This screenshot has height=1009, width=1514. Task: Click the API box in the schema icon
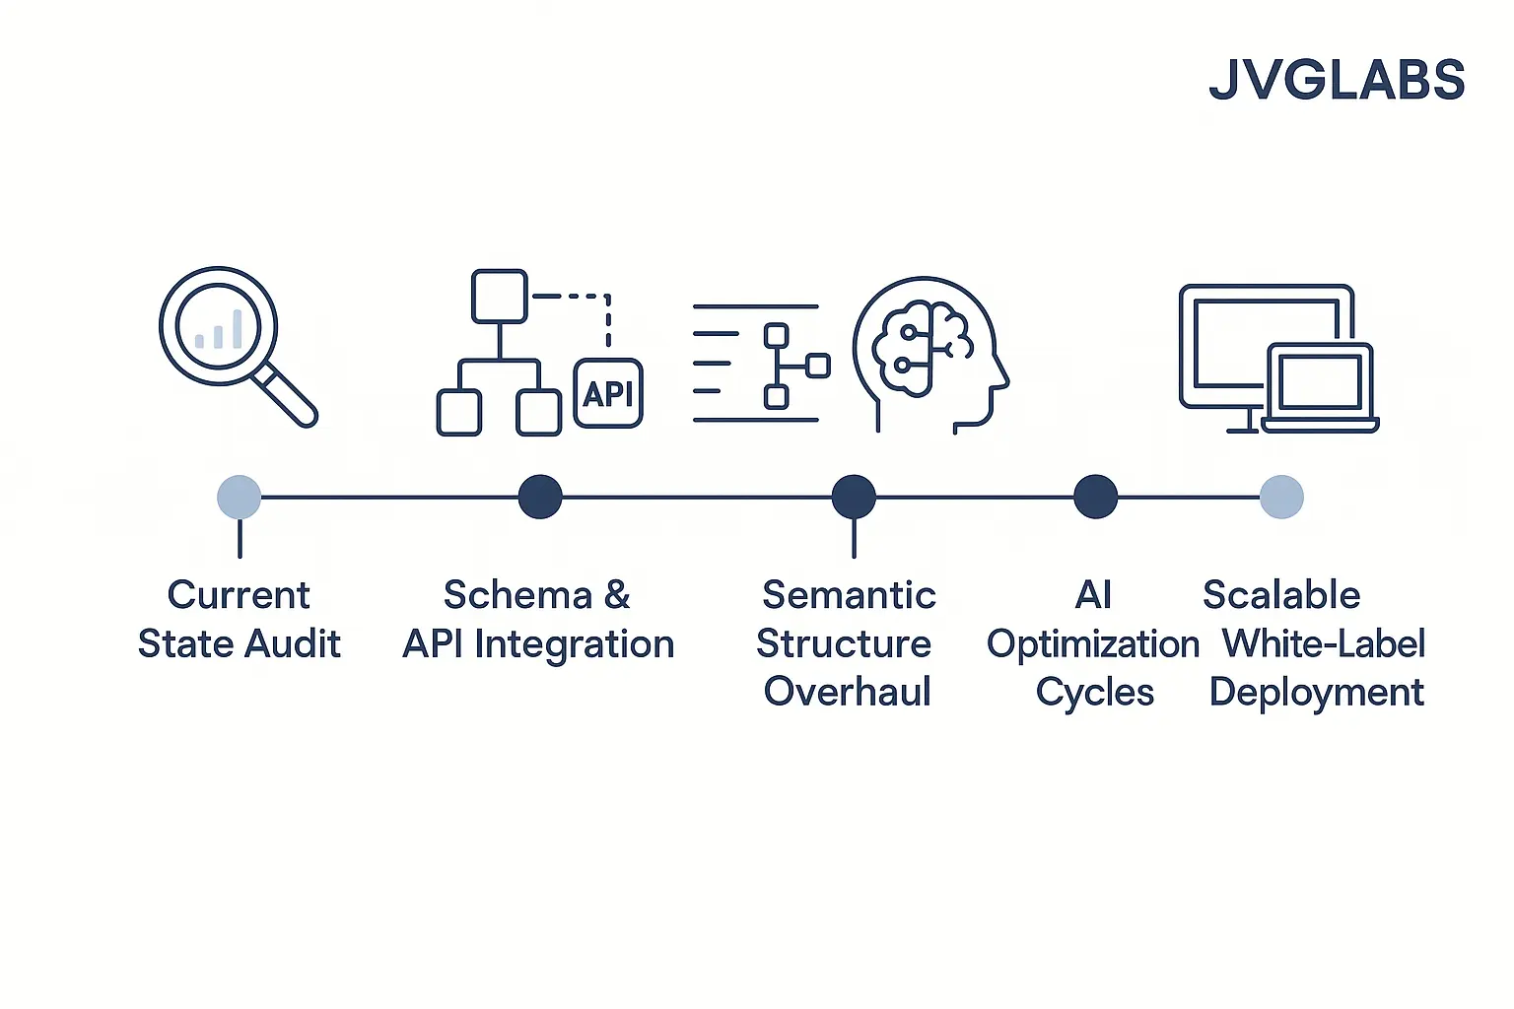(x=608, y=394)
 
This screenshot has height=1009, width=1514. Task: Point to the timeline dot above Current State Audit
(x=239, y=497)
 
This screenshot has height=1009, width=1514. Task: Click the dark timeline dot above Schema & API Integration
(x=540, y=497)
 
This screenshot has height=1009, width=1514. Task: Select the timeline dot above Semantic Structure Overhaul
(x=854, y=497)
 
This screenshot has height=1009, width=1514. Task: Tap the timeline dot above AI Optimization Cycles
(x=1095, y=497)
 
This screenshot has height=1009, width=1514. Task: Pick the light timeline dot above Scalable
(x=1281, y=497)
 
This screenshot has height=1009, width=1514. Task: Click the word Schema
(x=517, y=595)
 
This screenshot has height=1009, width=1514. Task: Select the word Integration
(x=574, y=644)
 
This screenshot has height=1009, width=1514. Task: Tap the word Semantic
(x=849, y=595)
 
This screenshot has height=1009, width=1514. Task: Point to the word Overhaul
(x=847, y=692)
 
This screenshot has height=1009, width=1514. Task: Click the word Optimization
(x=1092, y=644)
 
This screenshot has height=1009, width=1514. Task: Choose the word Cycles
(x=1094, y=693)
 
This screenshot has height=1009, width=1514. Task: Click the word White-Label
(x=1323, y=644)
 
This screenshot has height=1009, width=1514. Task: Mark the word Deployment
(x=1316, y=693)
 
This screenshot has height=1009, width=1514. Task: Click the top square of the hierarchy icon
(x=499, y=296)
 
